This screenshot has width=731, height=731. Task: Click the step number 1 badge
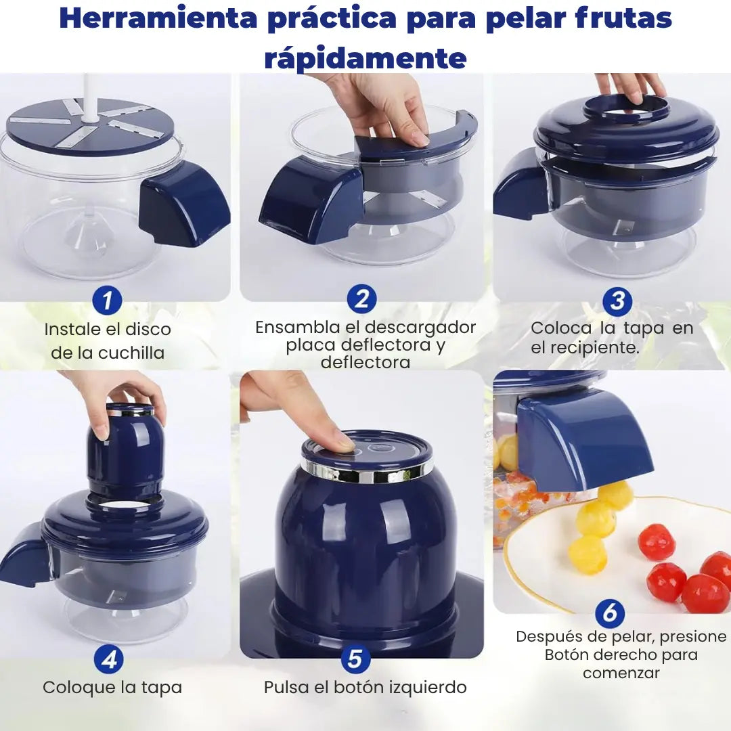pyautogui.click(x=107, y=301)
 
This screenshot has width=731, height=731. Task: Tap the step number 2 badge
pyautogui.click(x=361, y=299)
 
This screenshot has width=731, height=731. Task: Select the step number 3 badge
pyautogui.click(x=617, y=301)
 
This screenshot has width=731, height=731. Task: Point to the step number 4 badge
pyautogui.click(x=108, y=659)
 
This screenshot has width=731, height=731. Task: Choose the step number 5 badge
pyautogui.click(x=356, y=659)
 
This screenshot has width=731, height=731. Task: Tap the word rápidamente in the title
pyautogui.click(x=365, y=58)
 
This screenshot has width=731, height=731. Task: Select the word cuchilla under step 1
pyautogui.click(x=131, y=353)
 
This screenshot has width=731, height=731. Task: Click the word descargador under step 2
pyautogui.click(x=420, y=328)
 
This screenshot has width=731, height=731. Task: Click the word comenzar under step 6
pyautogui.click(x=621, y=673)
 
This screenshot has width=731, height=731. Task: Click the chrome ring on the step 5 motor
pyautogui.click(x=366, y=472)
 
